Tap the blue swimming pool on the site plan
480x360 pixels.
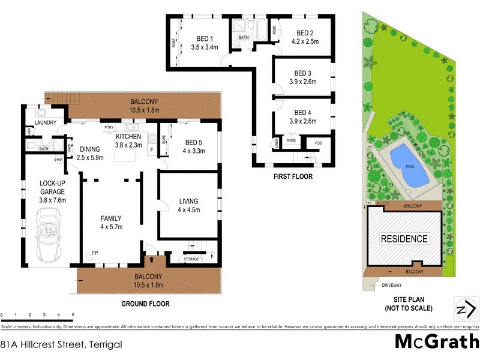click(x=410, y=166)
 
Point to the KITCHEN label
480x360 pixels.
click(x=128, y=136)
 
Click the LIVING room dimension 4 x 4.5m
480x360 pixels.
click(x=188, y=209)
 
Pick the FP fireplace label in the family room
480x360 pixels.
click(x=95, y=253)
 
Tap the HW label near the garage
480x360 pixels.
click(x=59, y=160)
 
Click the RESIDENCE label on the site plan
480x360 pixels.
click(x=405, y=239)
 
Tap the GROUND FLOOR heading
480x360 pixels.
click(x=145, y=304)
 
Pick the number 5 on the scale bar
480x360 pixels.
click(x=73, y=314)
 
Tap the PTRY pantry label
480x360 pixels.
click(x=109, y=127)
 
